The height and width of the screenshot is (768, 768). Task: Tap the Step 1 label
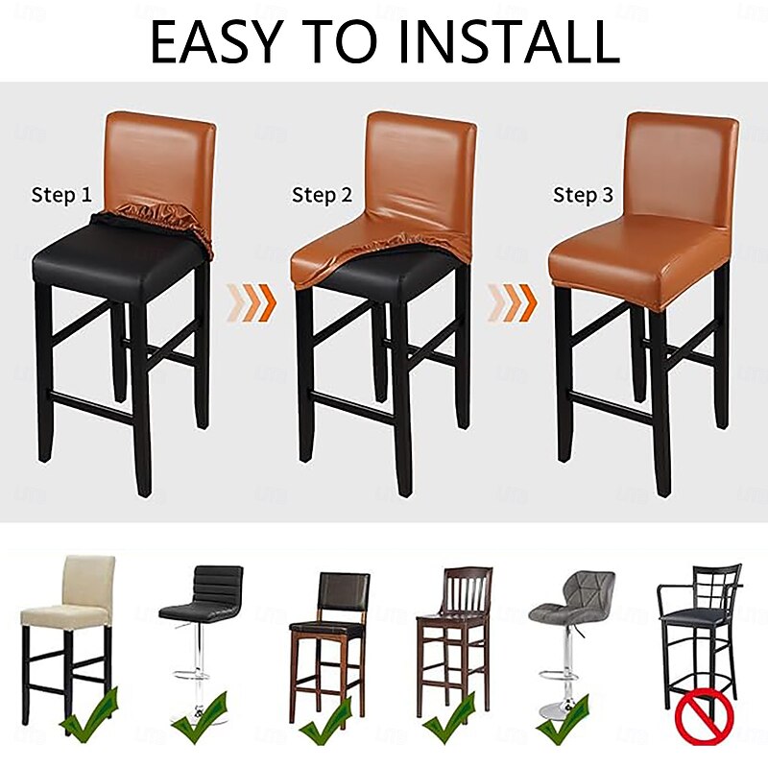click(61, 196)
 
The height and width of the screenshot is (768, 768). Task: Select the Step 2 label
click(322, 196)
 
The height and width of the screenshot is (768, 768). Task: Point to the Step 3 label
click(583, 196)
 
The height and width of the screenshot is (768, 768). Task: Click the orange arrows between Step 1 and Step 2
click(252, 302)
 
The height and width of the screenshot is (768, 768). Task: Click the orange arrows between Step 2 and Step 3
click(513, 302)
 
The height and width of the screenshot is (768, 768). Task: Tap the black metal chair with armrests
click(699, 624)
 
